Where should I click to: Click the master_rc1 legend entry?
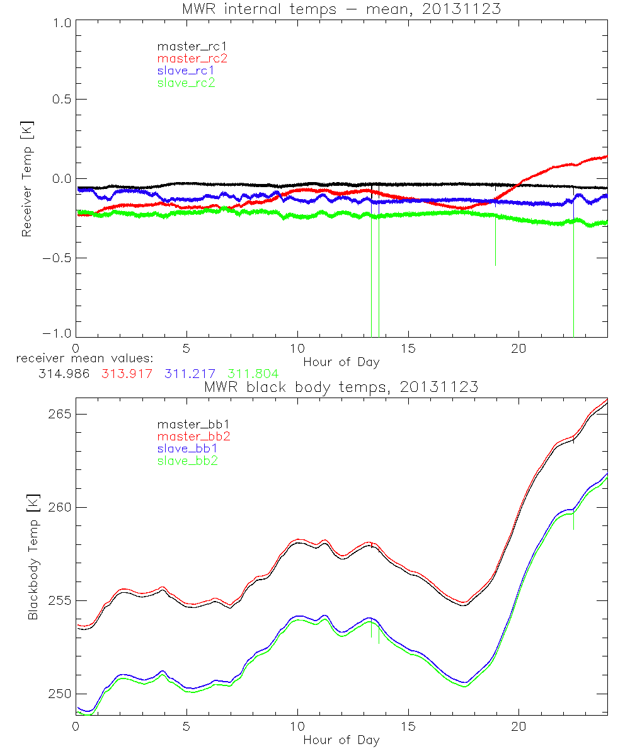pos(186,47)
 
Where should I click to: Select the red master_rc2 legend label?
pos(192,59)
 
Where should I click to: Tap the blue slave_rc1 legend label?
pos(186,71)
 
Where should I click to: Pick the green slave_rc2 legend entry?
pos(186,83)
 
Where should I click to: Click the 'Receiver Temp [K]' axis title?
pos(26,179)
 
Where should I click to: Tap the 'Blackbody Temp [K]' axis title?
pos(33,558)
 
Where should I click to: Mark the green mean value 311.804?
pos(253,374)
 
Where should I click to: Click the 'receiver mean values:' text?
pos(80,359)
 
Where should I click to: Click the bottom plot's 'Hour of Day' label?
pos(341,740)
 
